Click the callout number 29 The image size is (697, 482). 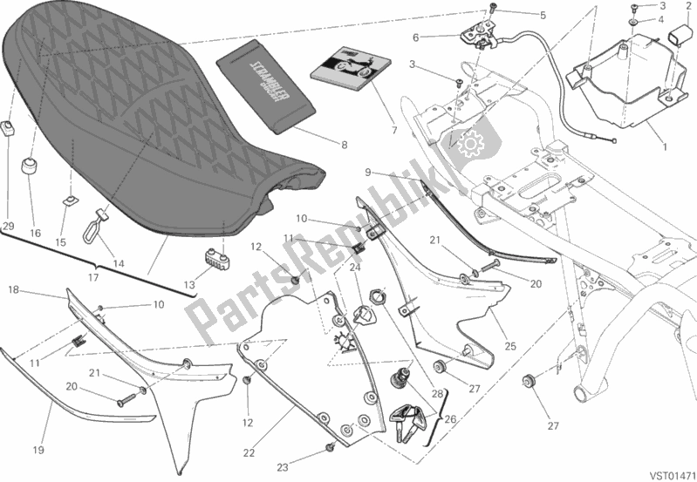pos(8,226)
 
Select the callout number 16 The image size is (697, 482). pos(35,234)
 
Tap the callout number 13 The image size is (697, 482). pos(189,285)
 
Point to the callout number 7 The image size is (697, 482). pos(393,131)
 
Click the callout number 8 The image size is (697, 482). pos(344,145)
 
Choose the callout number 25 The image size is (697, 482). pos(510,345)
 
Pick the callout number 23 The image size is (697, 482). pos(283,467)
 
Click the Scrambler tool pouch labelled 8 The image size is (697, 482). pos(266,87)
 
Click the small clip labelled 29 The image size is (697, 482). pos(9,128)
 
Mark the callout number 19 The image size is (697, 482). pos(38,450)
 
